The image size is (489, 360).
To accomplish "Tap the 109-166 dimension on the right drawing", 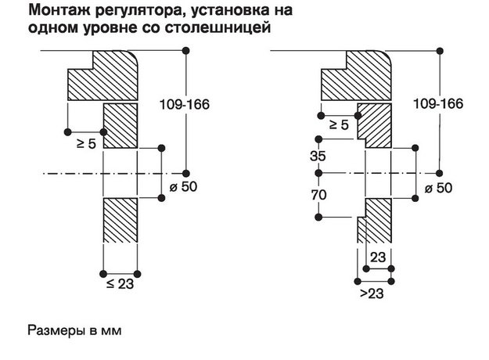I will pyautogui.click(x=437, y=104).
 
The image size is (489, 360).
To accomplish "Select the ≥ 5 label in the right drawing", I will pyautogui.click(x=339, y=125).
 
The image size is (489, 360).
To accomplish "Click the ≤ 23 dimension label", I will pyautogui.click(x=120, y=286).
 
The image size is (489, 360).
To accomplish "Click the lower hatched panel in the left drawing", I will pyautogui.click(x=120, y=222).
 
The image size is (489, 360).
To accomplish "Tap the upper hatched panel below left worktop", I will pyautogui.click(x=120, y=125).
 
